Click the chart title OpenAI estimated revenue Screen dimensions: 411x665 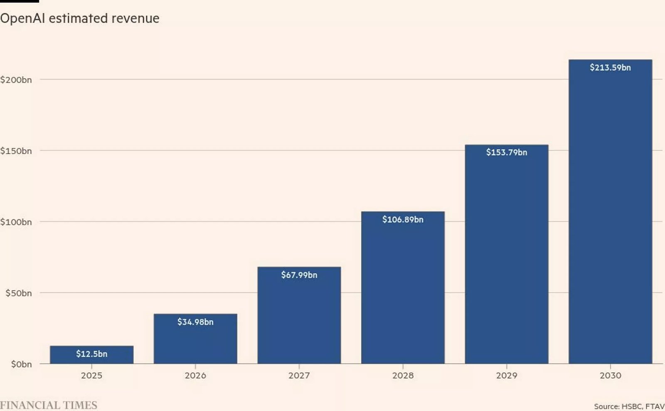click(80, 18)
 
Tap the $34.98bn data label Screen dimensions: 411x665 click(195, 322)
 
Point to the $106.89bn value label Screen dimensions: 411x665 click(403, 219)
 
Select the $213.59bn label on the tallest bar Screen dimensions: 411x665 click(610, 67)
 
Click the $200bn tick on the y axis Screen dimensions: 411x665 click(16, 79)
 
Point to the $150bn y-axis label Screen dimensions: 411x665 click(16, 151)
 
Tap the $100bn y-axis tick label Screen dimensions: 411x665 click(16, 222)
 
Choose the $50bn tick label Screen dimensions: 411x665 click(18, 293)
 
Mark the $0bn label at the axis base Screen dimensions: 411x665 click(21, 364)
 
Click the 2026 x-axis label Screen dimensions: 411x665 click(195, 375)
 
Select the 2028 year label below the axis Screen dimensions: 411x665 click(403, 375)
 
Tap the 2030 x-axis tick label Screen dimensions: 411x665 click(610, 375)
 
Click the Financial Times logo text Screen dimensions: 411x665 click(49, 405)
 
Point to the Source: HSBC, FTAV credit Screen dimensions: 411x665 click(629, 406)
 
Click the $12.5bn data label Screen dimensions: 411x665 click(91, 354)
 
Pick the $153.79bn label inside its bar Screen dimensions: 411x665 click(506, 152)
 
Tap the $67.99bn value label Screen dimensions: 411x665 click(299, 275)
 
